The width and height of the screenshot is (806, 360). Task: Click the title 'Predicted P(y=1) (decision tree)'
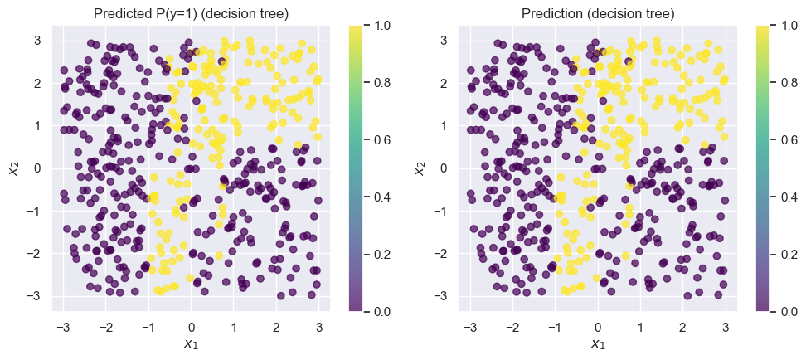[x=191, y=13]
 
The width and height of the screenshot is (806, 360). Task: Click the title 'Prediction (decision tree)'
[x=597, y=13]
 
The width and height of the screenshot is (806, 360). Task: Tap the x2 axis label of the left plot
[x=13, y=168]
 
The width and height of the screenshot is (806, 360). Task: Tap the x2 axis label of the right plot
[x=420, y=168]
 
